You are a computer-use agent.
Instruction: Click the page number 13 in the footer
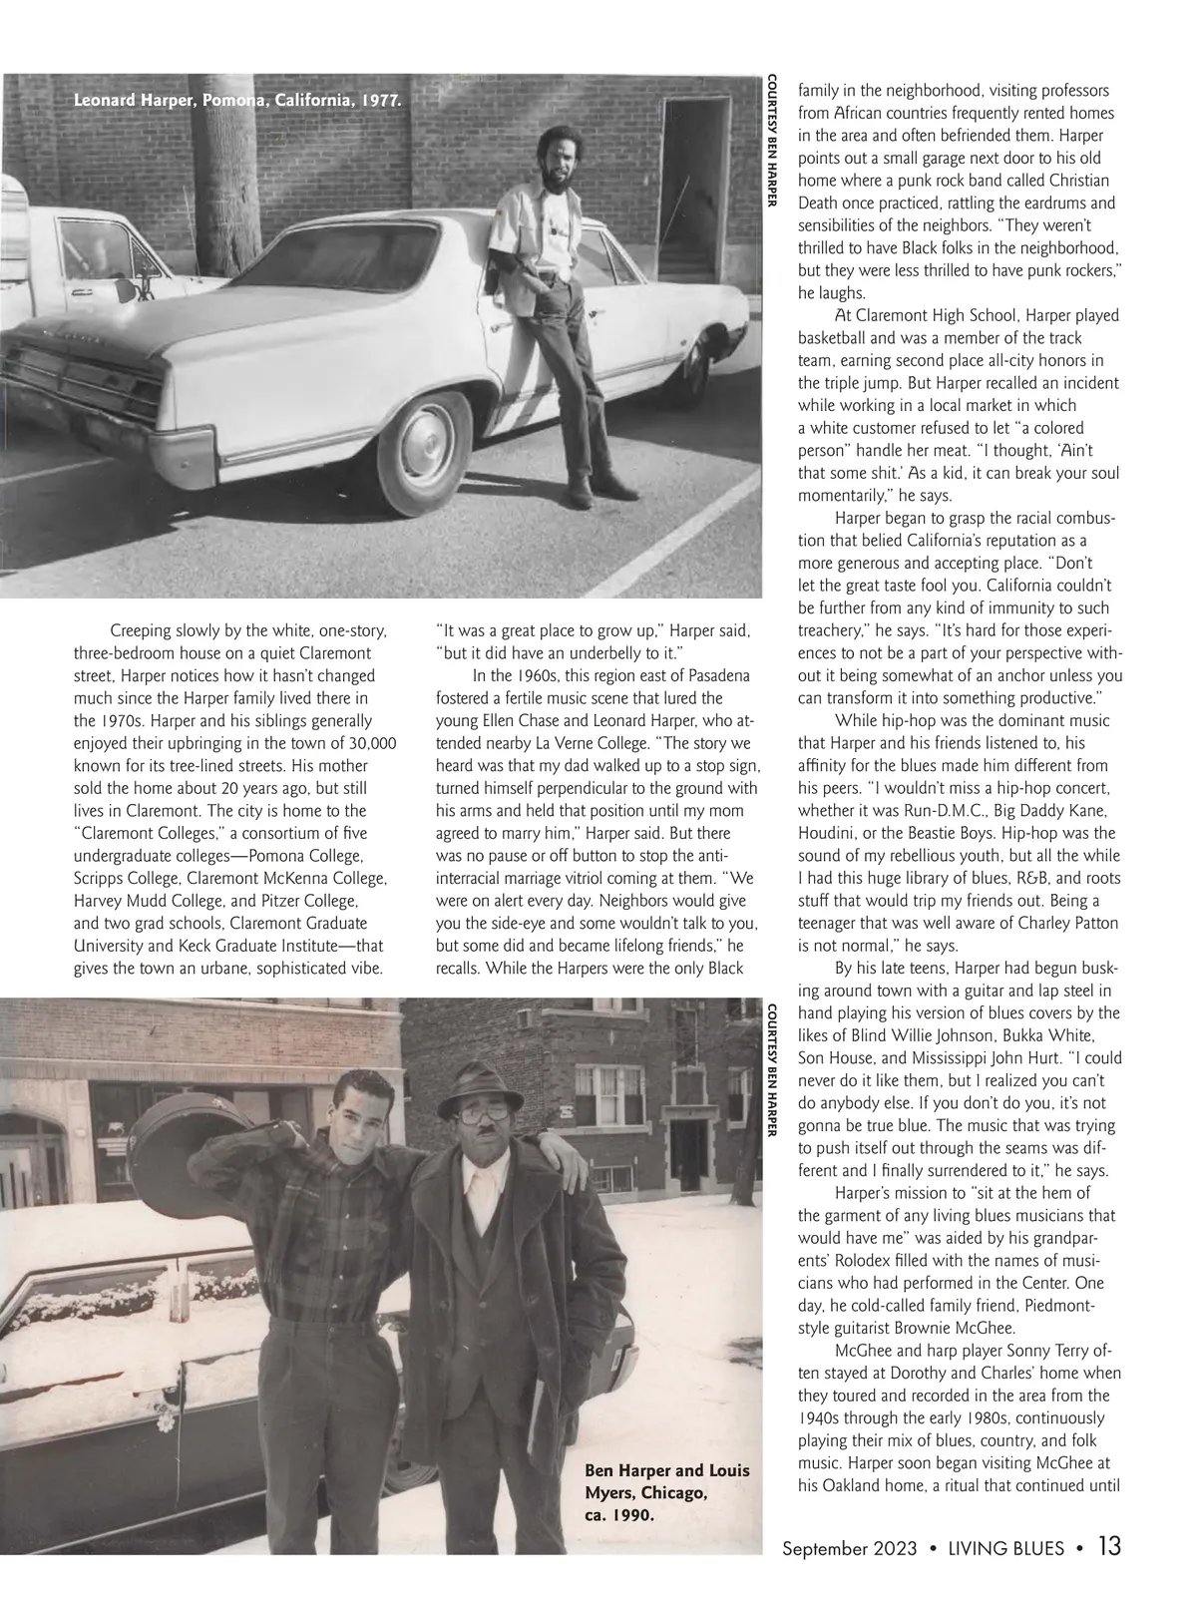(x=1108, y=1547)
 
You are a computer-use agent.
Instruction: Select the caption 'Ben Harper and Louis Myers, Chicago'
(x=666, y=1481)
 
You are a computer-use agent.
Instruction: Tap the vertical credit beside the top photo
(x=771, y=141)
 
